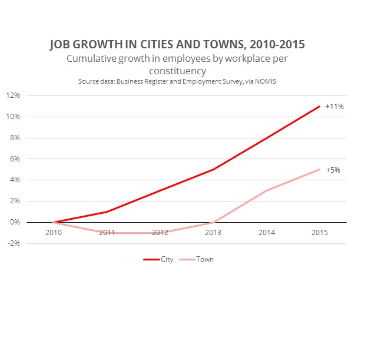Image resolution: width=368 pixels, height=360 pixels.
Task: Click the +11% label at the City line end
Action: [x=334, y=107]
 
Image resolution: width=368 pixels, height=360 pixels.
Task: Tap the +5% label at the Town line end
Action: [x=333, y=170]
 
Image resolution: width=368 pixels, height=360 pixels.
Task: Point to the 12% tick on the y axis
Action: [x=13, y=95]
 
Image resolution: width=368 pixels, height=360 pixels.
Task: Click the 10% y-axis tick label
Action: [x=13, y=117]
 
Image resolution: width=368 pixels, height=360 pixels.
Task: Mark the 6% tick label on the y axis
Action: [x=14, y=159]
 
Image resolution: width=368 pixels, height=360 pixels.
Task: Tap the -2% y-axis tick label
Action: [x=14, y=243]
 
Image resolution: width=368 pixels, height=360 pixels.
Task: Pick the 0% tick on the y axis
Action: [x=14, y=222]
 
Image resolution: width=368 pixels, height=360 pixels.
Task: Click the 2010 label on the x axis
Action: [x=54, y=233]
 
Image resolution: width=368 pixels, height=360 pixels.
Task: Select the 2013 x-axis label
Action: [x=213, y=233]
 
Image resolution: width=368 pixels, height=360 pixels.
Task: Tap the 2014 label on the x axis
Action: [x=266, y=233]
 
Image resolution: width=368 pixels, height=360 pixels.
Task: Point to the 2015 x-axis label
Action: [x=319, y=233]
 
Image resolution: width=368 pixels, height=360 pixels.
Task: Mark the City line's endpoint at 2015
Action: [x=319, y=106]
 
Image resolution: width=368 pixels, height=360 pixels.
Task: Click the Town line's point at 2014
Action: [x=266, y=190]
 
